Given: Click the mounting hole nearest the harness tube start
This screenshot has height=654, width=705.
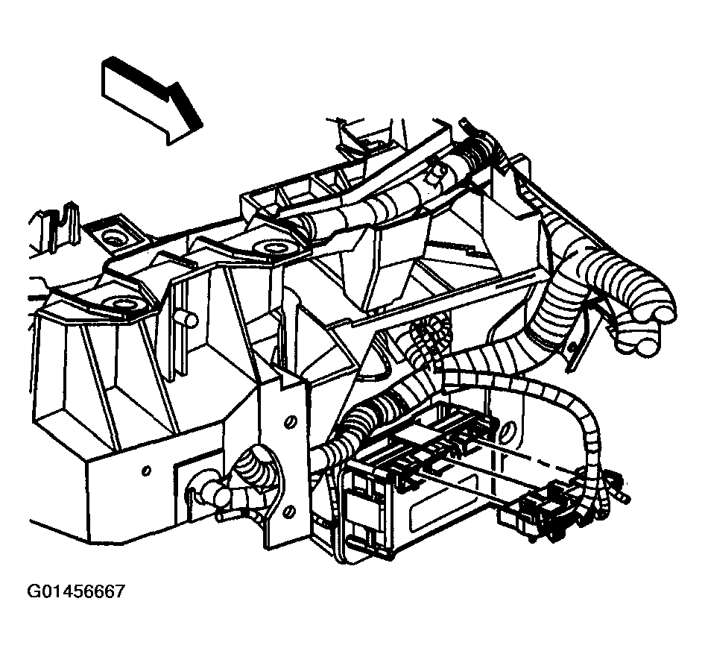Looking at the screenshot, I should [x=270, y=248].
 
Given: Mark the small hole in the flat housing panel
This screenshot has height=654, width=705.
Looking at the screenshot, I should [x=146, y=471].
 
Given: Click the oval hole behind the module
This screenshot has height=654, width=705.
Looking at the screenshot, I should [x=508, y=431].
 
